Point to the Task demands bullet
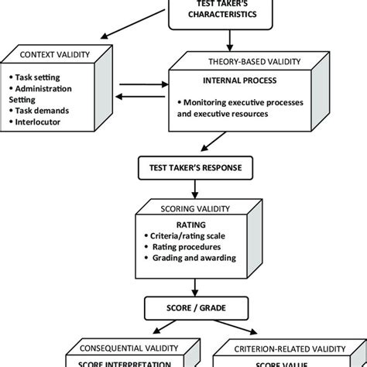(x=45, y=111)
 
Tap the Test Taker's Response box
(x=190, y=166)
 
